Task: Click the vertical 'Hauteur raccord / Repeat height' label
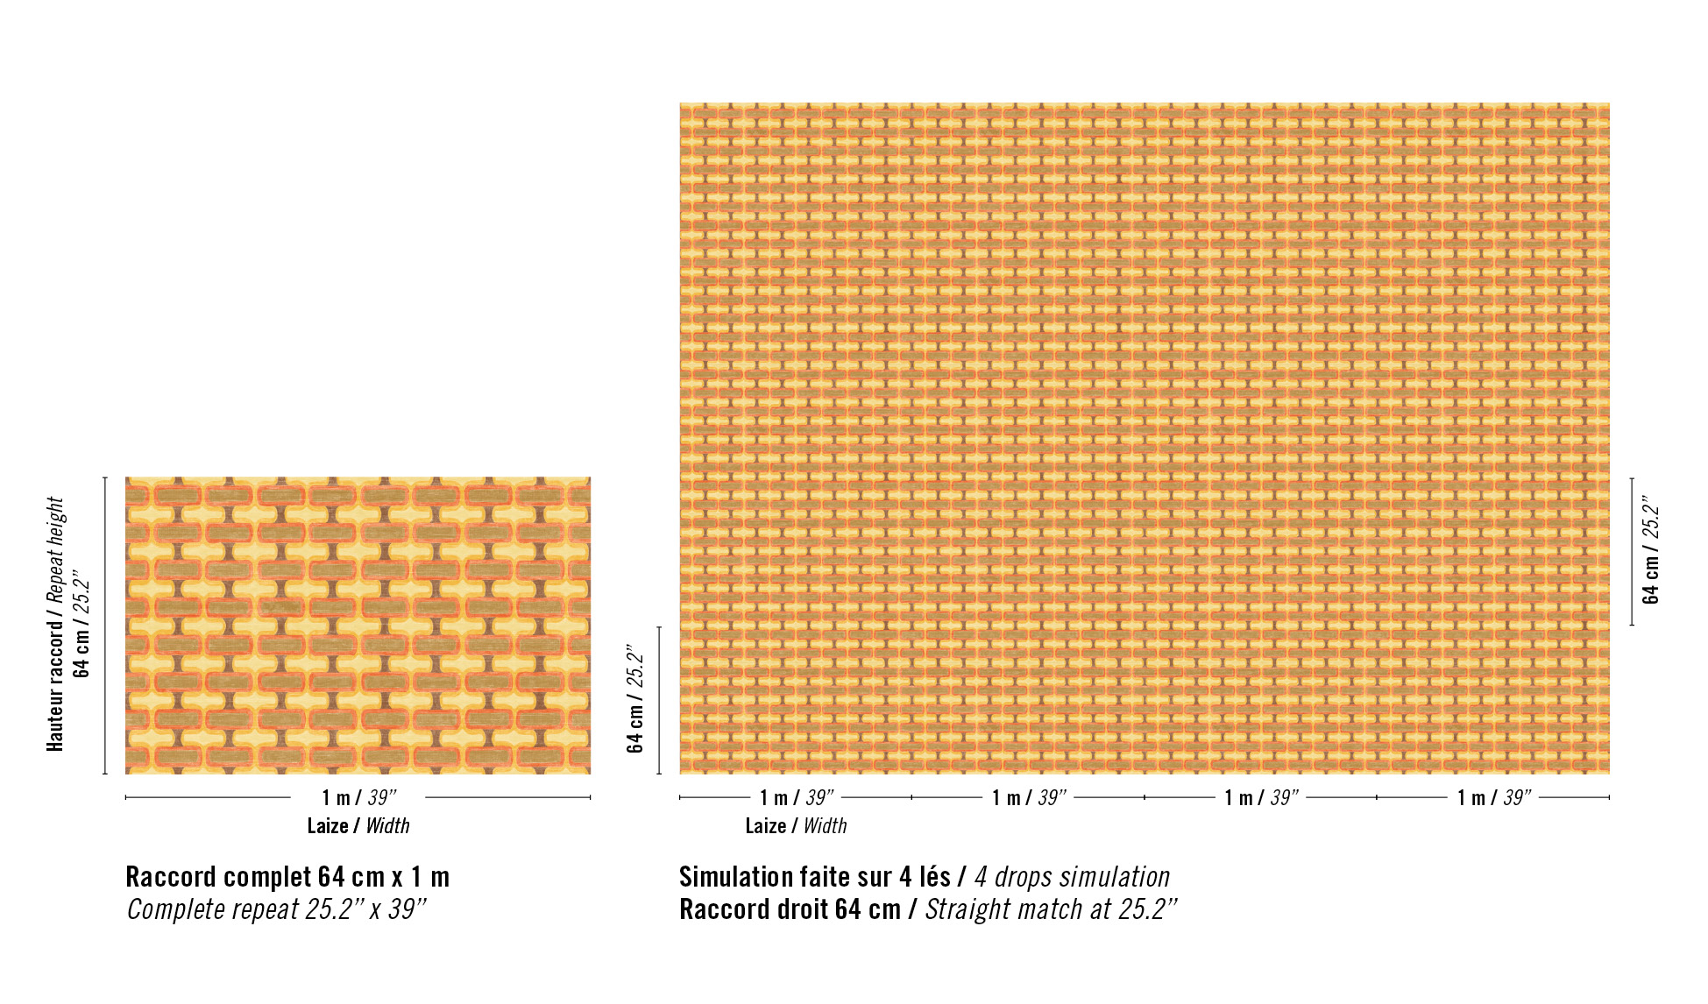(x=55, y=624)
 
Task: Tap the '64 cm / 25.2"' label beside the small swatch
(x=82, y=624)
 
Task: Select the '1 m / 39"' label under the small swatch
(x=358, y=797)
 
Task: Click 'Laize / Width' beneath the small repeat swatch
(x=358, y=825)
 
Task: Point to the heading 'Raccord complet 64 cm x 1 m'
(x=287, y=877)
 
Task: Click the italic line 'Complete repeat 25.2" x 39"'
(x=276, y=909)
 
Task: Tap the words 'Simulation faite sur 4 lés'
(x=814, y=877)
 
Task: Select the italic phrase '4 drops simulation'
(x=1072, y=877)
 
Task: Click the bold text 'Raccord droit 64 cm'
(x=790, y=909)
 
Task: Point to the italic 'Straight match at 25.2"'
(x=1051, y=909)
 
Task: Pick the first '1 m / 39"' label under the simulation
(x=797, y=797)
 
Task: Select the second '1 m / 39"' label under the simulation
(x=1029, y=797)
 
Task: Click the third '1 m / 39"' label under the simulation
(x=1261, y=797)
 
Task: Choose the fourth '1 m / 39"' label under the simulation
(x=1494, y=797)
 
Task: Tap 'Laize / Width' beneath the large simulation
(x=796, y=825)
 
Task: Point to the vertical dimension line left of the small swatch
(x=105, y=624)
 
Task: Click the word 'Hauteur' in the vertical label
(x=55, y=720)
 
